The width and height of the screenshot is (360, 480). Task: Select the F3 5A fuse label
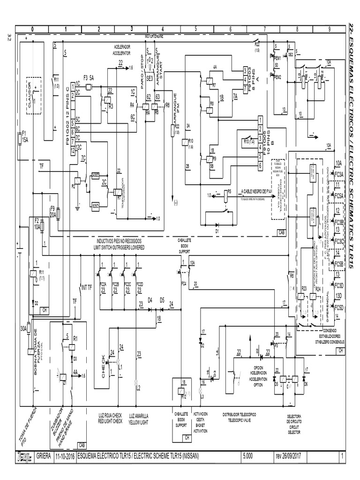tap(89, 77)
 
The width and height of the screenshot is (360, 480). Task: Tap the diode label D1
tap(217, 231)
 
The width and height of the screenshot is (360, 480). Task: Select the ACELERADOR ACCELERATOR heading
tap(124, 50)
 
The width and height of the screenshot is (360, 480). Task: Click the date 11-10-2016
tap(64, 456)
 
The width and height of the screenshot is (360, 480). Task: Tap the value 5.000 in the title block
tap(250, 456)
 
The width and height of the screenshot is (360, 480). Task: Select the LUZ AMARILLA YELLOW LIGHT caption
tap(138, 418)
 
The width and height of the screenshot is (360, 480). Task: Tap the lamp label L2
tap(138, 388)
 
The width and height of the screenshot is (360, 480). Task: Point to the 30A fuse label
tap(23, 330)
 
